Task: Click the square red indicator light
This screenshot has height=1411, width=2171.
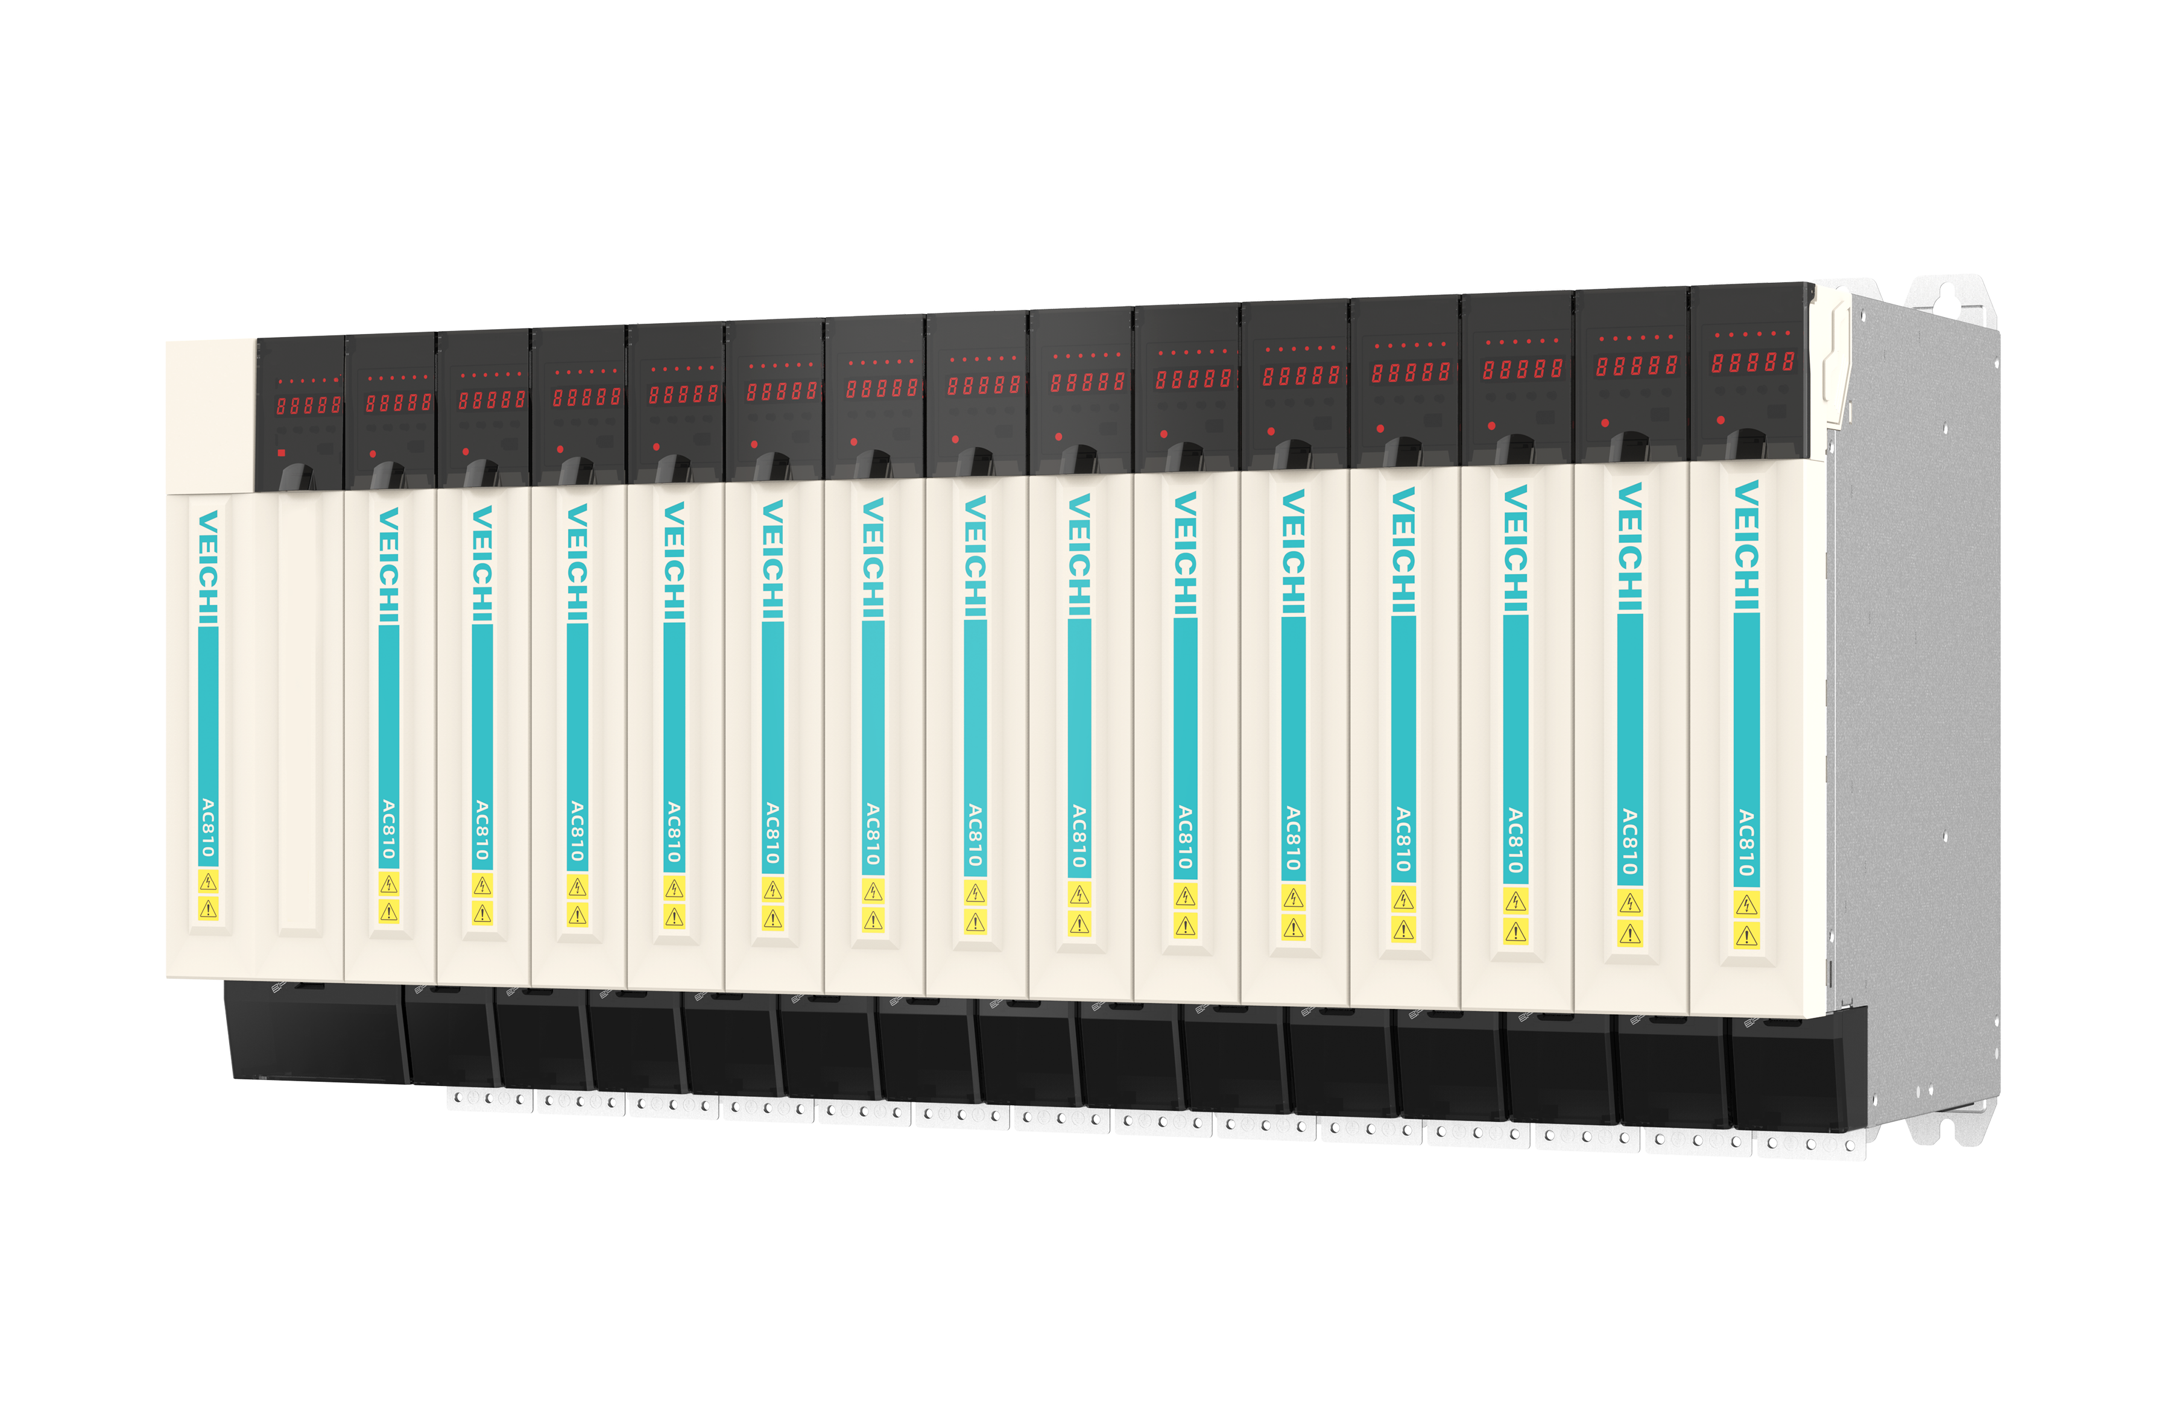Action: [x=282, y=452]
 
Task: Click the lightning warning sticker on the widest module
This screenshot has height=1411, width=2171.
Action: [x=208, y=881]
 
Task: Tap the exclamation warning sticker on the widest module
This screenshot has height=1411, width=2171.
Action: [x=208, y=909]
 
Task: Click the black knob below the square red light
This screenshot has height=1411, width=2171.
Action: [x=297, y=476]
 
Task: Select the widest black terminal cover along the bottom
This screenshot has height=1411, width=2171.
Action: [x=315, y=1031]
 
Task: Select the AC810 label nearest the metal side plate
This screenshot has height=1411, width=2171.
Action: [x=1746, y=843]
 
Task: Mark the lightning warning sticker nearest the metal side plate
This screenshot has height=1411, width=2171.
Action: [x=1746, y=905]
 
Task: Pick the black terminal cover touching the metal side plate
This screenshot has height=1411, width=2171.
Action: [x=1788, y=1072]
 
